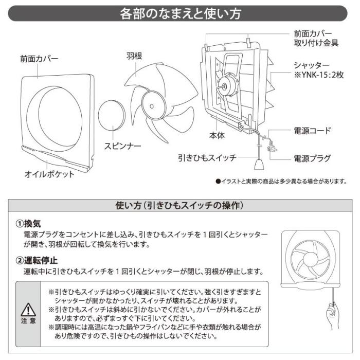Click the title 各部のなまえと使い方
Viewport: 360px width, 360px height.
pyautogui.click(x=179, y=13)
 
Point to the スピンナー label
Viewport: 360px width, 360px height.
pyautogui.click(x=122, y=146)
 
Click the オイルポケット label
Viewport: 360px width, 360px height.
pyautogui.click(x=49, y=174)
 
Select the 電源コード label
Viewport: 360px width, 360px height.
pyautogui.click(x=312, y=131)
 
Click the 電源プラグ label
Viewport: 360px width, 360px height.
pyautogui.click(x=312, y=158)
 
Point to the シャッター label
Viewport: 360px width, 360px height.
pyautogui.click(x=311, y=65)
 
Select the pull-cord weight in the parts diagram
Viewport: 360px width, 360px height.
pyautogui.click(x=257, y=165)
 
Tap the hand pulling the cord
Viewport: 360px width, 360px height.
pyautogui.click(x=332, y=314)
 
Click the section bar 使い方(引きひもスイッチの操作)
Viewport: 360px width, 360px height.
pyautogui.click(x=179, y=205)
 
